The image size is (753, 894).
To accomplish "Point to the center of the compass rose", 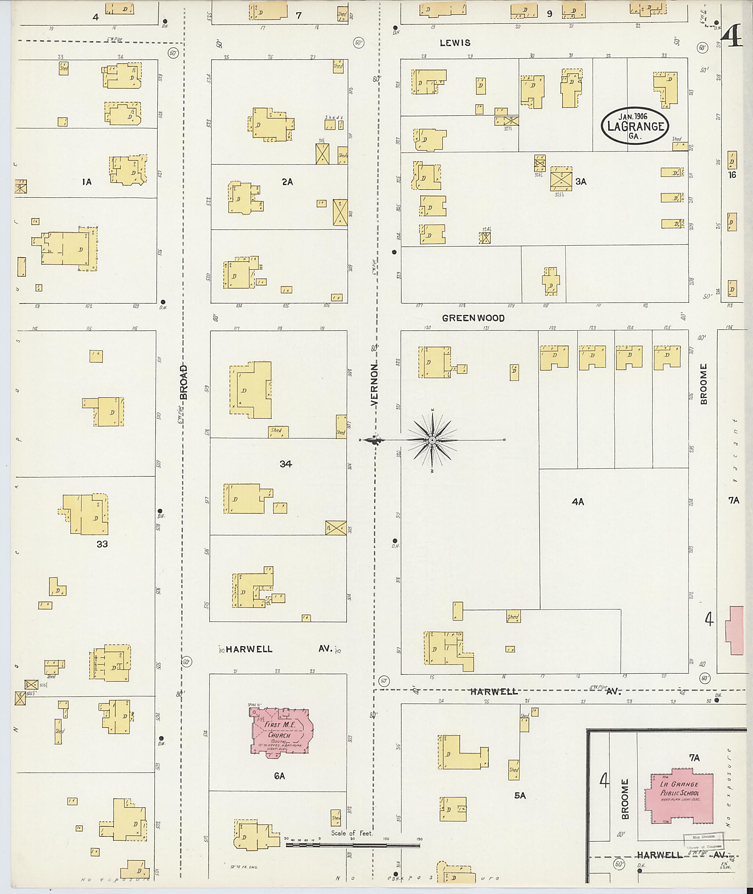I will point(432,440).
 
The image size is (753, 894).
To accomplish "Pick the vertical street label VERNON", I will point(374,384).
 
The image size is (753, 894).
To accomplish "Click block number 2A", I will point(287,182).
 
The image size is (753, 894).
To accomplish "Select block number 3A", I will point(581,181).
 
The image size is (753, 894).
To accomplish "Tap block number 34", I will point(286,464).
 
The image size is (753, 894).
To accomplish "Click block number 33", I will point(102,544).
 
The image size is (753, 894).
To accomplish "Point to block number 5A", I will point(520,795).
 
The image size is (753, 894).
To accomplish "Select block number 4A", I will point(578,502).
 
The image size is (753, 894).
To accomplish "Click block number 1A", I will point(87,182).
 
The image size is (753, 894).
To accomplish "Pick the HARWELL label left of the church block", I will point(249,649).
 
